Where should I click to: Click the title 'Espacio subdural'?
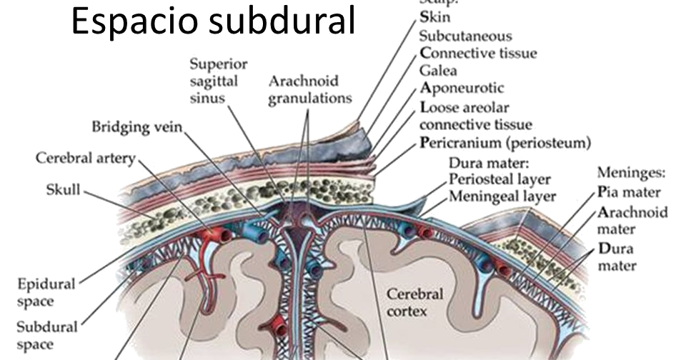[x=214, y=23]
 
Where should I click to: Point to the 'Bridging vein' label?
[x=137, y=127]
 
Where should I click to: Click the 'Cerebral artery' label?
[x=86, y=158]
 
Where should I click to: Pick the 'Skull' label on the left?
[x=64, y=190]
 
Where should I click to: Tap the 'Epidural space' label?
[x=46, y=291]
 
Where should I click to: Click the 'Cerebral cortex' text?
[x=414, y=302]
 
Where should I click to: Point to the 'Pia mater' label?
[x=629, y=192]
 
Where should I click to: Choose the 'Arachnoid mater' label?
[x=632, y=221]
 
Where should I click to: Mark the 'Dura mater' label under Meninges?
[x=616, y=258]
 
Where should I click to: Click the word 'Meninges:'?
[x=631, y=174]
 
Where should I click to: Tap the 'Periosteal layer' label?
[x=499, y=179]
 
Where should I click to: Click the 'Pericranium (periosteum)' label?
[x=505, y=142]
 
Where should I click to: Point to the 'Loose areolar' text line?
[x=464, y=108]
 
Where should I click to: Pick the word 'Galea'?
[x=438, y=71]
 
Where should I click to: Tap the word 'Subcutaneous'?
[x=465, y=36]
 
